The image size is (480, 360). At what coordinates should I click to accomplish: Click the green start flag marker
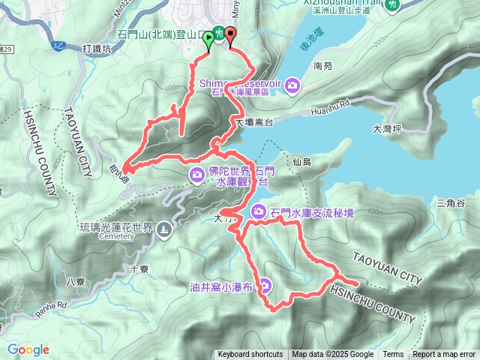click(208, 43)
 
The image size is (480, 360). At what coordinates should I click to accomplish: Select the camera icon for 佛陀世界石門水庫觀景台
click(197, 175)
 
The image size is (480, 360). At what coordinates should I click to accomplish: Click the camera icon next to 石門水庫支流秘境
click(259, 211)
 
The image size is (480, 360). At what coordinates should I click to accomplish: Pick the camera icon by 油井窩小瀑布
click(266, 286)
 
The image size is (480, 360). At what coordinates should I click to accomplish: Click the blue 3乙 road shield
click(58, 45)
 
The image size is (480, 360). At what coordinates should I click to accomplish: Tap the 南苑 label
click(323, 66)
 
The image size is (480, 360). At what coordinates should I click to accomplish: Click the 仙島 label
click(302, 161)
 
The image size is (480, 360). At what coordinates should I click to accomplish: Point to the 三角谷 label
click(451, 203)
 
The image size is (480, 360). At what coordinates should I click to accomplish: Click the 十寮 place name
click(139, 268)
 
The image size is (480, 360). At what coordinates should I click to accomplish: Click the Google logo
click(28, 349)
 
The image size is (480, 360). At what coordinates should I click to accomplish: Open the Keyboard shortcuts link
click(250, 355)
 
